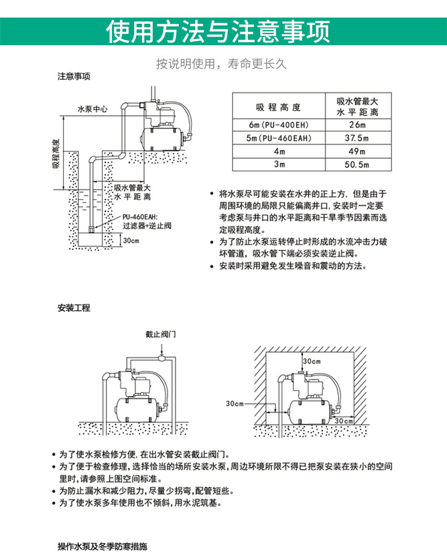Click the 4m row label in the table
[x=278, y=152]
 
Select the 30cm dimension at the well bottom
[x=131, y=240]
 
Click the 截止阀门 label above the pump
[x=161, y=334]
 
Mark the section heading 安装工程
[x=74, y=308]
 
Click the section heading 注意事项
[x=74, y=76]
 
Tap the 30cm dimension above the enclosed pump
[x=311, y=360]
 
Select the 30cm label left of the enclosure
[x=234, y=404]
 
